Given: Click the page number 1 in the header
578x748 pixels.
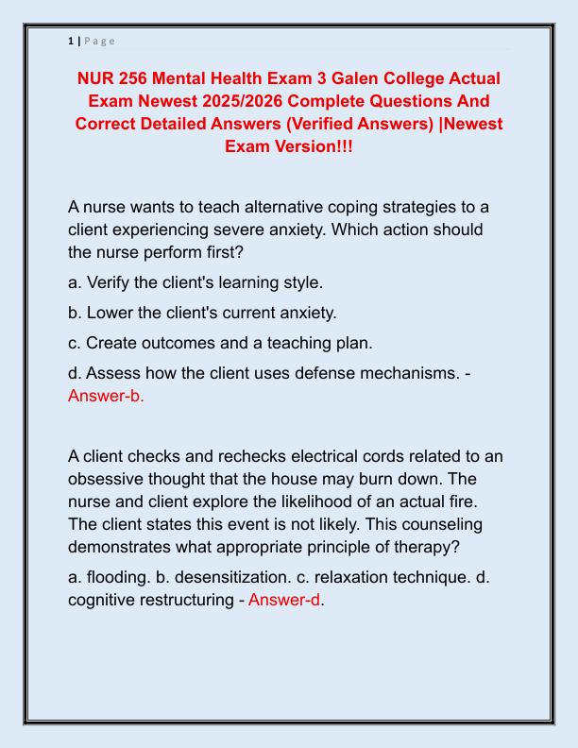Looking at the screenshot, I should [71, 41].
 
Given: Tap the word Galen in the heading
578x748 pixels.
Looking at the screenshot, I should [369, 77].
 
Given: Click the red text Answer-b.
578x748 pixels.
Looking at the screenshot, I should [106, 396].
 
